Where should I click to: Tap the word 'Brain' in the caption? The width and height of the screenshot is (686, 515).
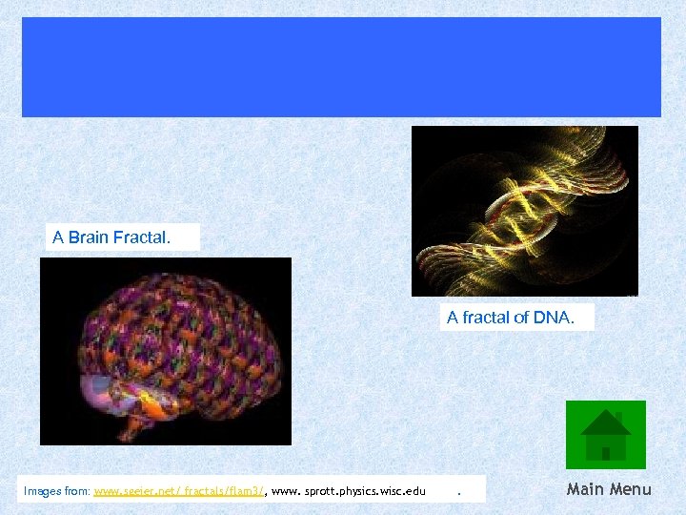[x=88, y=237]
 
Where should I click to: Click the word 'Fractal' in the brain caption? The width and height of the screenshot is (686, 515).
[x=141, y=237]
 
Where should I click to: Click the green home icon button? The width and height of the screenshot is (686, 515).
[x=605, y=435]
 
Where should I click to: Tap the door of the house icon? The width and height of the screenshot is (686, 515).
[x=605, y=452]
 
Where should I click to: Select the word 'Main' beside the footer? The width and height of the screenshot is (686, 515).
[x=586, y=489]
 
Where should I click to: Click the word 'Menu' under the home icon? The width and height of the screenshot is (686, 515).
[x=630, y=489]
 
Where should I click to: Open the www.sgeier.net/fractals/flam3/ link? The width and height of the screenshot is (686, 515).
[x=178, y=491]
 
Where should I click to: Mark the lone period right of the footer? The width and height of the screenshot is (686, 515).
[x=459, y=493]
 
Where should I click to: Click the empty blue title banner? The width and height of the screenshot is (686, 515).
[x=341, y=67]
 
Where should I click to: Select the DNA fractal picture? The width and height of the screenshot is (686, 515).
[x=524, y=210]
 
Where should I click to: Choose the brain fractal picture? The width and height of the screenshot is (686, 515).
[x=165, y=351]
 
